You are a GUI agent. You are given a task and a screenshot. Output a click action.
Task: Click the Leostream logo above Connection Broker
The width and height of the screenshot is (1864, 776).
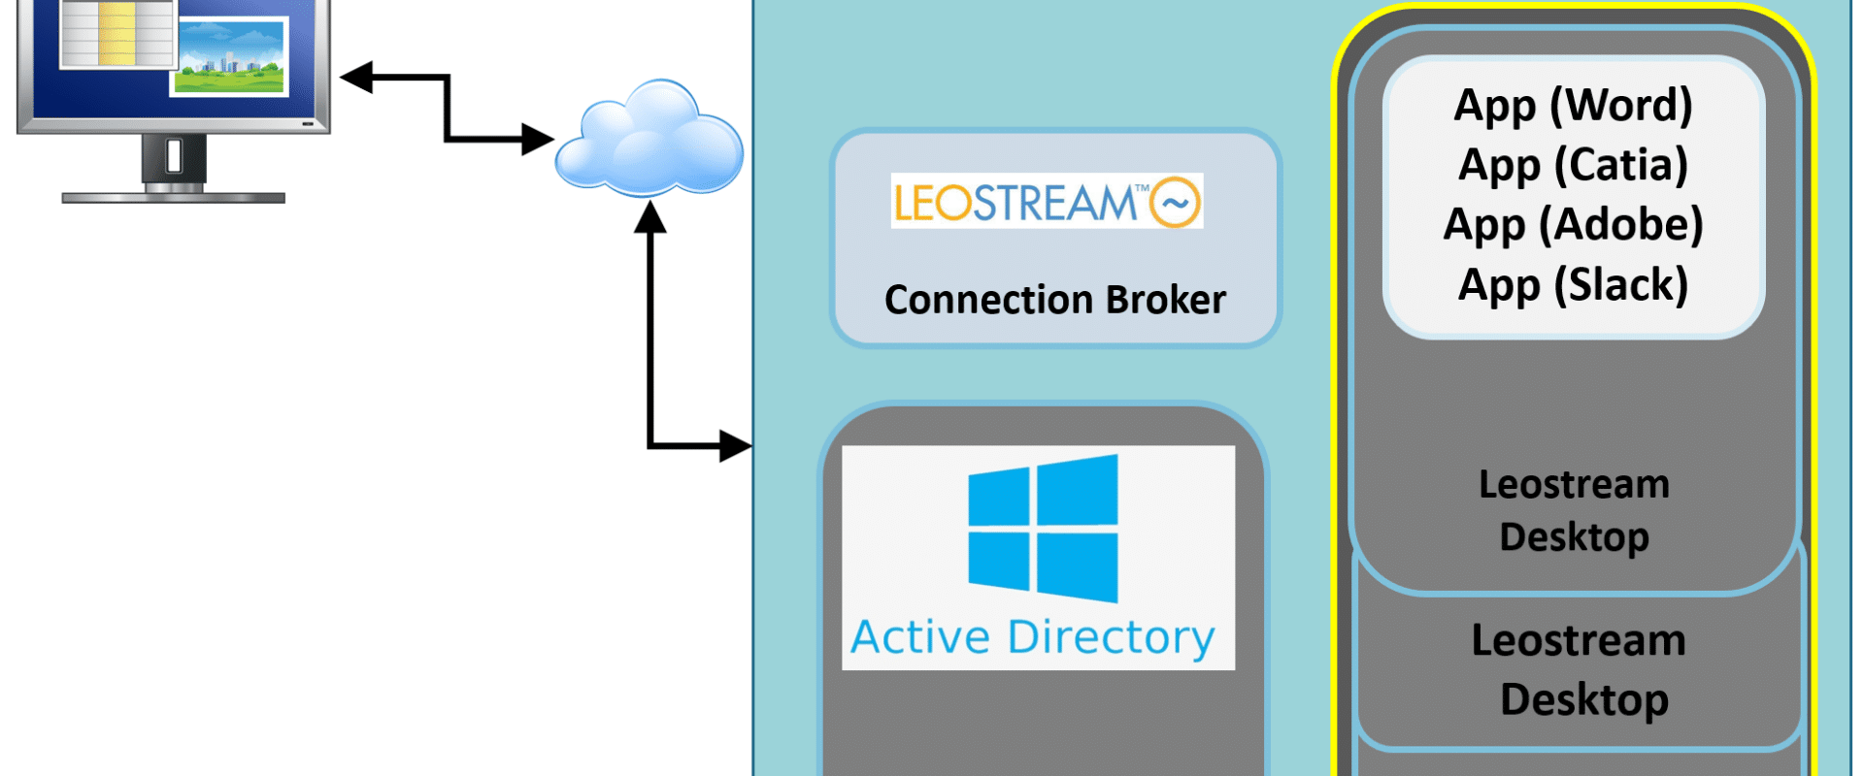(x=1047, y=201)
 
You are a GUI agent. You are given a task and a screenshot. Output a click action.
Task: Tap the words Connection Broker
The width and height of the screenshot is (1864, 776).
(x=1055, y=300)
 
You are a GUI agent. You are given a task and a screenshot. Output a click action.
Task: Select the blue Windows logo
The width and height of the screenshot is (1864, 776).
(x=1043, y=528)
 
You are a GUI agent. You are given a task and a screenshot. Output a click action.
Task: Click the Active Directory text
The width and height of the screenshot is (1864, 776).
(x=1033, y=637)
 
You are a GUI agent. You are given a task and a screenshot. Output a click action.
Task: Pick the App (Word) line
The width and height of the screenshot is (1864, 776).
(x=1573, y=106)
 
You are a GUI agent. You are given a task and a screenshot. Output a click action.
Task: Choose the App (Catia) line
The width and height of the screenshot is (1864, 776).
(x=1573, y=166)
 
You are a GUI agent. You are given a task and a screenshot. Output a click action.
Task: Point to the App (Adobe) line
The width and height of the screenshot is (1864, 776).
(x=1573, y=225)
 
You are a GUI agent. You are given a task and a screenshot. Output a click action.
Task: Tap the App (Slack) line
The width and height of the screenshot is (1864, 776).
(x=1573, y=285)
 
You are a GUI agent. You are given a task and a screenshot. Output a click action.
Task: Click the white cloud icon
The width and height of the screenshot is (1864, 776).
(x=649, y=138)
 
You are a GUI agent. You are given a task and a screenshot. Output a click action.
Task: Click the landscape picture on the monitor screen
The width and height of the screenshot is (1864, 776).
(x=229, y=57)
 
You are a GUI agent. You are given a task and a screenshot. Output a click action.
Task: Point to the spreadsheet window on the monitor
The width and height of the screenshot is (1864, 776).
(x=116, y=33)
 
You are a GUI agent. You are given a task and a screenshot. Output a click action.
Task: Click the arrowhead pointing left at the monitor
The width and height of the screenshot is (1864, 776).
(x=356, y=77)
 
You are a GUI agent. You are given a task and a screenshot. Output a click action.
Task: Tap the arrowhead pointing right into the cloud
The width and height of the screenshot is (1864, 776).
(x=538, y=139)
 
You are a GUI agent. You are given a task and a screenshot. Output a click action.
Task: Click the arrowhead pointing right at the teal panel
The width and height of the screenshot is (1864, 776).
(x=736, y=446)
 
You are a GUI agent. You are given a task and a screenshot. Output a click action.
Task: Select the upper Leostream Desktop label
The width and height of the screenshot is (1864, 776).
(x=1574, y=511)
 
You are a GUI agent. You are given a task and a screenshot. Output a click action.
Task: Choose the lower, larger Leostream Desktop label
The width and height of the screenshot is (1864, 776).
(x=1580, y=670)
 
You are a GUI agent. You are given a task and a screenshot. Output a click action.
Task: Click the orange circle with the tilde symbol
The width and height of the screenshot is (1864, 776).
(x=1175, y=203)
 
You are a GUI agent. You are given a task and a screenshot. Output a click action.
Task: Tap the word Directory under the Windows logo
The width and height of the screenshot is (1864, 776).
(x=1112, y=637)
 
